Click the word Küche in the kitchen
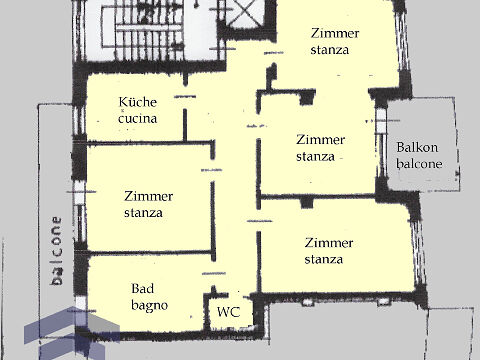(138, 102)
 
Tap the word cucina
(138, 118)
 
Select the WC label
(228, 312)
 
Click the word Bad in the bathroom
(143, 288)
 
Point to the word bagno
(149, 306)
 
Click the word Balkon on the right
(417, 147)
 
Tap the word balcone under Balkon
(419, 163)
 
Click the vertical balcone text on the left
(57, 251)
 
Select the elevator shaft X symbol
(244, 13)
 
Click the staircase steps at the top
(143, 27)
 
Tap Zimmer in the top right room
(335, 33)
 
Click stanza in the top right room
(330, 50)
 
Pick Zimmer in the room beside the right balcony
(320, 140)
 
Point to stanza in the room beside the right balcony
(315, 156)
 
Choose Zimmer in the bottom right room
(329, 243)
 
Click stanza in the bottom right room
(324, 259)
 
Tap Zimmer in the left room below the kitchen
(148, 196)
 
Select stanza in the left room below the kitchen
(143, 213)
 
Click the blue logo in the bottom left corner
(72, 333)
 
